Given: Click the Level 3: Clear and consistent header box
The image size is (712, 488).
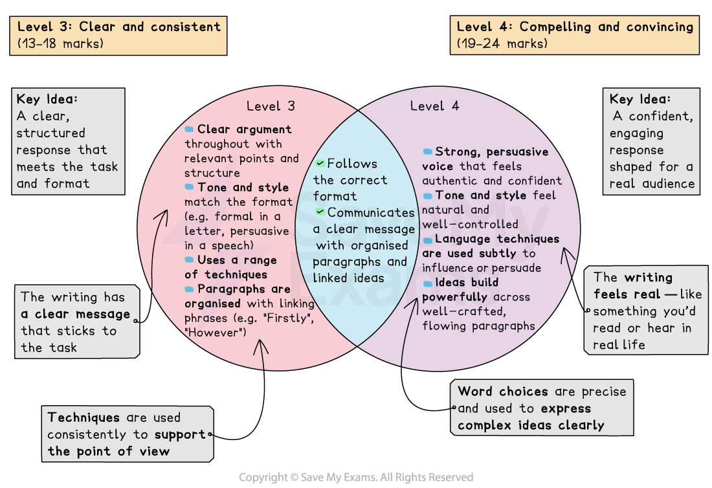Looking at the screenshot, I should (x=118, y=36).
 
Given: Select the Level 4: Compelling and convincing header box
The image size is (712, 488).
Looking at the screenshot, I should (x=575, y=36).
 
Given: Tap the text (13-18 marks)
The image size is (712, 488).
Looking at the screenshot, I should (x=60, y=44).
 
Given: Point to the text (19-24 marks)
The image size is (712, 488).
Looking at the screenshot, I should (x=502, y=44).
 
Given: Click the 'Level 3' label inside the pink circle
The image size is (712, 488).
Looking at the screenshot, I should (x=271, y=106).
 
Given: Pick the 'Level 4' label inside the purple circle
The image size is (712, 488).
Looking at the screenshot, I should (x=435, y=106).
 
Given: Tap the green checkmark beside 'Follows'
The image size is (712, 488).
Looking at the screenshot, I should (x=320, y=164).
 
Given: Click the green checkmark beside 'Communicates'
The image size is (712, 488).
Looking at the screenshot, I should (x=320, y=212).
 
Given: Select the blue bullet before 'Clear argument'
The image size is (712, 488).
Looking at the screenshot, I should (x=190, y=129).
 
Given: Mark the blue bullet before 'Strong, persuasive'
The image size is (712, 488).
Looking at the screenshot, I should (x=427, y=151).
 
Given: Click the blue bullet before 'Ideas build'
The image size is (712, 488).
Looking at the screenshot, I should (x=427, y=283).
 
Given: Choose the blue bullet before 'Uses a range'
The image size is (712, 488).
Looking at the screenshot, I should (x=190, y=260).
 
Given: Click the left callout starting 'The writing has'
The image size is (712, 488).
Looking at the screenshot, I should (x=76, y=322).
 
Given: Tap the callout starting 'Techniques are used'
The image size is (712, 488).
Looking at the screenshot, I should (x=128, y=434).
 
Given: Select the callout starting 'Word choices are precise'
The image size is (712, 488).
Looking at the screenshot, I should (x=542, y=408).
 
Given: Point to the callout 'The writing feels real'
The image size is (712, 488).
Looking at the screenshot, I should (x=645, y=311).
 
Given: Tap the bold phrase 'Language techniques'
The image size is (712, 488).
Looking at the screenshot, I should (x=497, y=239).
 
